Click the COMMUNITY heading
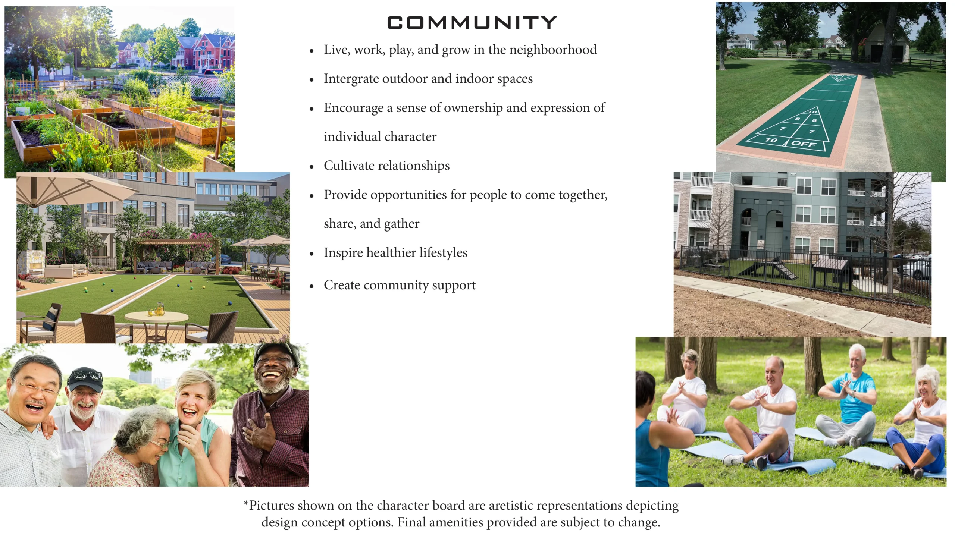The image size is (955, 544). [x=472, y=23]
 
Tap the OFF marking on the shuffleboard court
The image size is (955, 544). [x=804, y=144]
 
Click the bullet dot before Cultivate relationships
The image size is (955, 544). [x=311, y=167]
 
